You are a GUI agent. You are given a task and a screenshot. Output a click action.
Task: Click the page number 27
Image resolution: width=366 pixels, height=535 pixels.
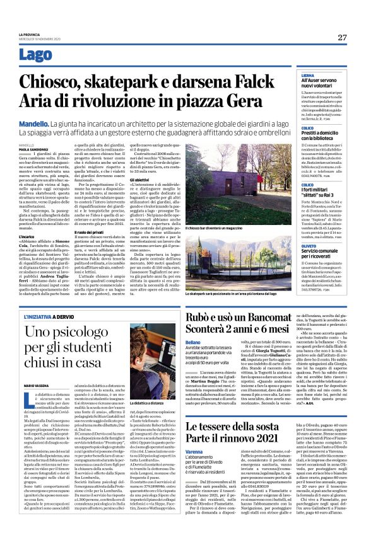click(x=342, y=37)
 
